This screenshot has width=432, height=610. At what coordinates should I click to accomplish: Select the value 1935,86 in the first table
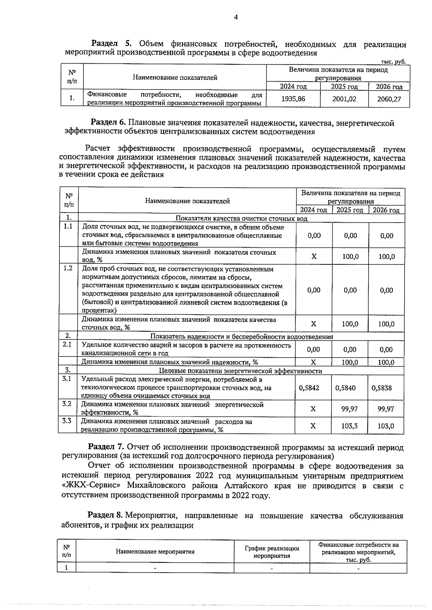293,99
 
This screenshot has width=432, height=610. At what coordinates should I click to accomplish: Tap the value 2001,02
344,99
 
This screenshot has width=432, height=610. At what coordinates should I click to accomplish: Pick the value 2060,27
389,99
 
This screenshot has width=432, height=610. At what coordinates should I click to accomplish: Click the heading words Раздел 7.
106,448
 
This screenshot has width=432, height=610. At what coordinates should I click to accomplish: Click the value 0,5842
309,388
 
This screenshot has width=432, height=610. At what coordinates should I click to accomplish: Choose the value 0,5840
345,388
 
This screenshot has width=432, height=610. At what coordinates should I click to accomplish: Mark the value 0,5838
382,388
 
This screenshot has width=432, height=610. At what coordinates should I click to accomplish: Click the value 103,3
349,426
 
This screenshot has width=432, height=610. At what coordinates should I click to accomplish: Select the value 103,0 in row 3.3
386,426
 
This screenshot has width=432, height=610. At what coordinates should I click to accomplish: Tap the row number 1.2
68,268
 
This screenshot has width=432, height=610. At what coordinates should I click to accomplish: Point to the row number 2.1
67,345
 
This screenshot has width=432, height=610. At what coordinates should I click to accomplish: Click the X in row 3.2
313,409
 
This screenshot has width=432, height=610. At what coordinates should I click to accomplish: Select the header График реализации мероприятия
272,552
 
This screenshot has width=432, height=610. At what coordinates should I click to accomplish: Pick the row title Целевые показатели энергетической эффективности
240,371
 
